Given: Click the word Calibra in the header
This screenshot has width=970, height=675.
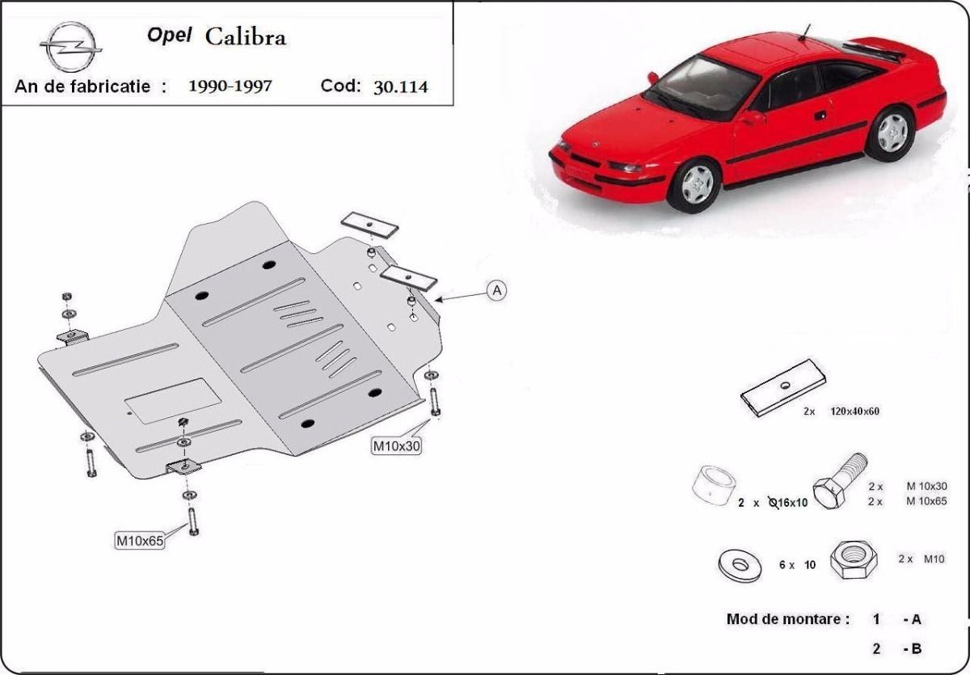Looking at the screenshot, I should click(245, 37).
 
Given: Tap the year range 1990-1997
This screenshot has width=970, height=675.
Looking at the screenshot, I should click(230, 86).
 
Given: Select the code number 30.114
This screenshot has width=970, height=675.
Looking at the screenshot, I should click(400, 86).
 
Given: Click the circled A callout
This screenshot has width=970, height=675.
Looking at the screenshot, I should click(496, 290).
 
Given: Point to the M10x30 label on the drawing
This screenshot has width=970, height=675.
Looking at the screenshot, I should click(396, 445).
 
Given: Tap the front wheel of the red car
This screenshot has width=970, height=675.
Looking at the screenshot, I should click(695, 183).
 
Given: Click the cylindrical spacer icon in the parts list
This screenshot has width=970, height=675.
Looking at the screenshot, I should click(712, 487).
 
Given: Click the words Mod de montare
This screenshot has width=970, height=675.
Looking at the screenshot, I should click(787, 620).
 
